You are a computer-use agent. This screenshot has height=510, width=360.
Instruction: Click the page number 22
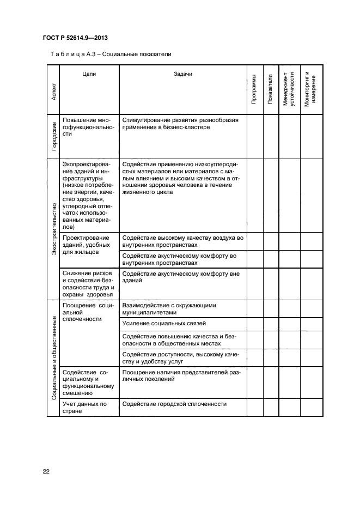point(46,471)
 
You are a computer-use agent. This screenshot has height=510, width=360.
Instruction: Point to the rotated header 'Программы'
point(254,89)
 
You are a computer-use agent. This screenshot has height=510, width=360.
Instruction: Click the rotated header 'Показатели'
point(271,89)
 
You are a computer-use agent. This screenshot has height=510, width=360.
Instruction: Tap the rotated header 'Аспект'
point(53,90)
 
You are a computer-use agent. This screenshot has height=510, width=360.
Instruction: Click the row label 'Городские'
point(53,136)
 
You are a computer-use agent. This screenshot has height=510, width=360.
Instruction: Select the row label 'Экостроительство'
point(53,229)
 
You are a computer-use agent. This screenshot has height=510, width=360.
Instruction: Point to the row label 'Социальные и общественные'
point(53,357)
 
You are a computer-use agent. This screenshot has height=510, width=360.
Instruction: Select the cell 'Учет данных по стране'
point(84,408)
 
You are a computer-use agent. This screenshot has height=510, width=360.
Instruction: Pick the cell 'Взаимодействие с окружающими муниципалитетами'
point(169,309)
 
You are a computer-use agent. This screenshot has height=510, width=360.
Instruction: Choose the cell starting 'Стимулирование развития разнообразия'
point(180,123)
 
